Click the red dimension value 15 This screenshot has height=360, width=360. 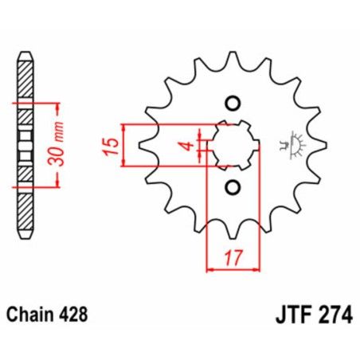[112, 145]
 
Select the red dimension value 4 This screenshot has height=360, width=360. [184, 145]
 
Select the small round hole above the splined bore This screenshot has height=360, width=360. [233, 104]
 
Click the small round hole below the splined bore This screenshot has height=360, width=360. [233, 187]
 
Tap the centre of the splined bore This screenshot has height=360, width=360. [232, 145]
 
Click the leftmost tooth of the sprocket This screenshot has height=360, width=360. [146, 146]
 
